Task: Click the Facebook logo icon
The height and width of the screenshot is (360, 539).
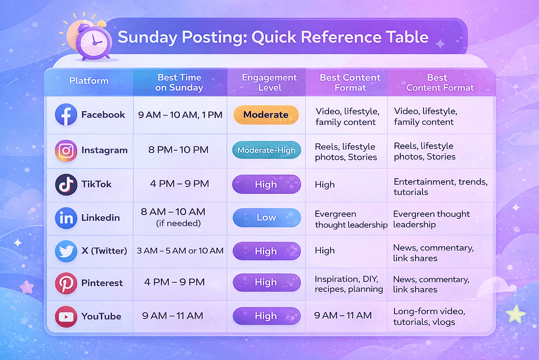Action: [66, 114]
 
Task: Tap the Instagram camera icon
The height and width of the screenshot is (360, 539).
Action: [66, 150]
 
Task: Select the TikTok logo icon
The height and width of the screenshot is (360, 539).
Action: [66, 184]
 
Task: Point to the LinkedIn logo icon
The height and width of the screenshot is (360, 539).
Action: [66, 218]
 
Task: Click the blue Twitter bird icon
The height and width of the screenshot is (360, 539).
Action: [66, 251]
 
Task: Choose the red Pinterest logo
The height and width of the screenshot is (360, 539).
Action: [66, 283]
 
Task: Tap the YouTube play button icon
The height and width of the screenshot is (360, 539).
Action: [66, 316]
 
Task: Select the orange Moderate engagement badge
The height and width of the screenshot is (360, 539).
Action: [266, 114]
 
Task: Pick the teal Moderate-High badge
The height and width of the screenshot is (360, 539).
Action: [266, 150]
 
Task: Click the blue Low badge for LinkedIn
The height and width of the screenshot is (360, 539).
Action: [266, 218]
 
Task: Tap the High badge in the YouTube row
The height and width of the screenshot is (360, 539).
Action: [266, 316]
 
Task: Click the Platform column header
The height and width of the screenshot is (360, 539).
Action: [89, 81]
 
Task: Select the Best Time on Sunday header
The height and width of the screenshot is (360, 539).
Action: [179, 82]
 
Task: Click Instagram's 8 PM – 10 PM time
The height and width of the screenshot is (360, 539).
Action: [179, 150]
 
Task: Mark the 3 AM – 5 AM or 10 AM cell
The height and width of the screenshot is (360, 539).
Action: [180, 251]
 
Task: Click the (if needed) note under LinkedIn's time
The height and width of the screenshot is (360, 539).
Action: [179, 223]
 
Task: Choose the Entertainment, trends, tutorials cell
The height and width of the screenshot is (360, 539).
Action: [440, 187]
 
